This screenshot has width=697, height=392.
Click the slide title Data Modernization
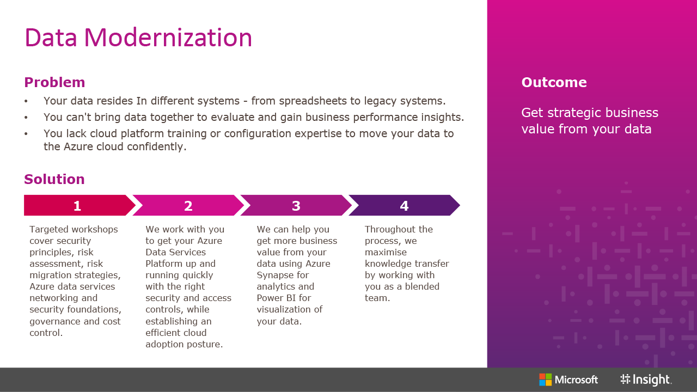coord(138,38)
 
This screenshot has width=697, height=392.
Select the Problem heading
coord(54,82)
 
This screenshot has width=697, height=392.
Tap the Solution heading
coord(54,179)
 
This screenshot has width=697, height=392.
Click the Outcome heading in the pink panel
coord(554,82)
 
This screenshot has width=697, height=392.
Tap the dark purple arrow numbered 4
coord(404,205)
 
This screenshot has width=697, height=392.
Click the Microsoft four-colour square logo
coord(545,379)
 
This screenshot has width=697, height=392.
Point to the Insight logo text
coord(652,379)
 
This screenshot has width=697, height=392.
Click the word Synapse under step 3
coord(283,275)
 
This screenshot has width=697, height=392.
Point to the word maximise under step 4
coord(386,252)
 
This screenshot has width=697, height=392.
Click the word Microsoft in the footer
coord(576,380)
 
